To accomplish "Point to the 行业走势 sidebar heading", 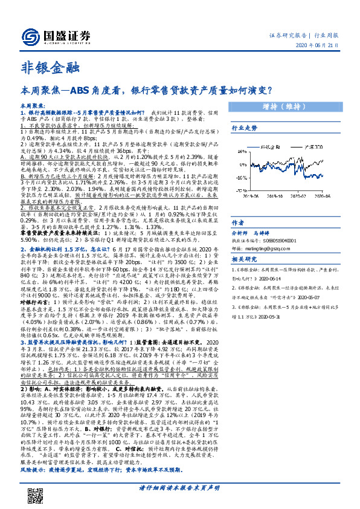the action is [244, 128].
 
